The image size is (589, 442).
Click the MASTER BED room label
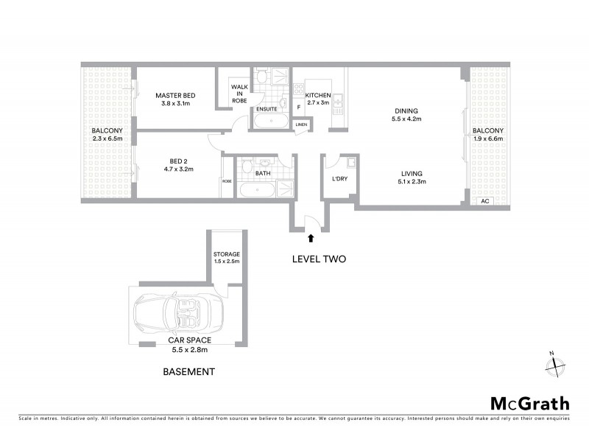tap(175, 96)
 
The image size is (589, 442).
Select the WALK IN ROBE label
tap(239, 94)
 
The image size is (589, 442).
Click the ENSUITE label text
tap(266, 108)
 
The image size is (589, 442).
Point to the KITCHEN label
tap(318, 96)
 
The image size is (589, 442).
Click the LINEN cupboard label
tap(301, 125)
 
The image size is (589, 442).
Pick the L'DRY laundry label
tap(339, 179)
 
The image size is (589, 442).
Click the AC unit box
tap(484, 201)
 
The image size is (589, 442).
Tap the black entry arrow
tap(310, 238)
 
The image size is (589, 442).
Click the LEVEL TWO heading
tap(319, 259)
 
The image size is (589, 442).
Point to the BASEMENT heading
tap(188, 372)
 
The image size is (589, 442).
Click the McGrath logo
tap(529, 403)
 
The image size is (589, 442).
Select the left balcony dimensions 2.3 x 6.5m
tap(107, 138)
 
